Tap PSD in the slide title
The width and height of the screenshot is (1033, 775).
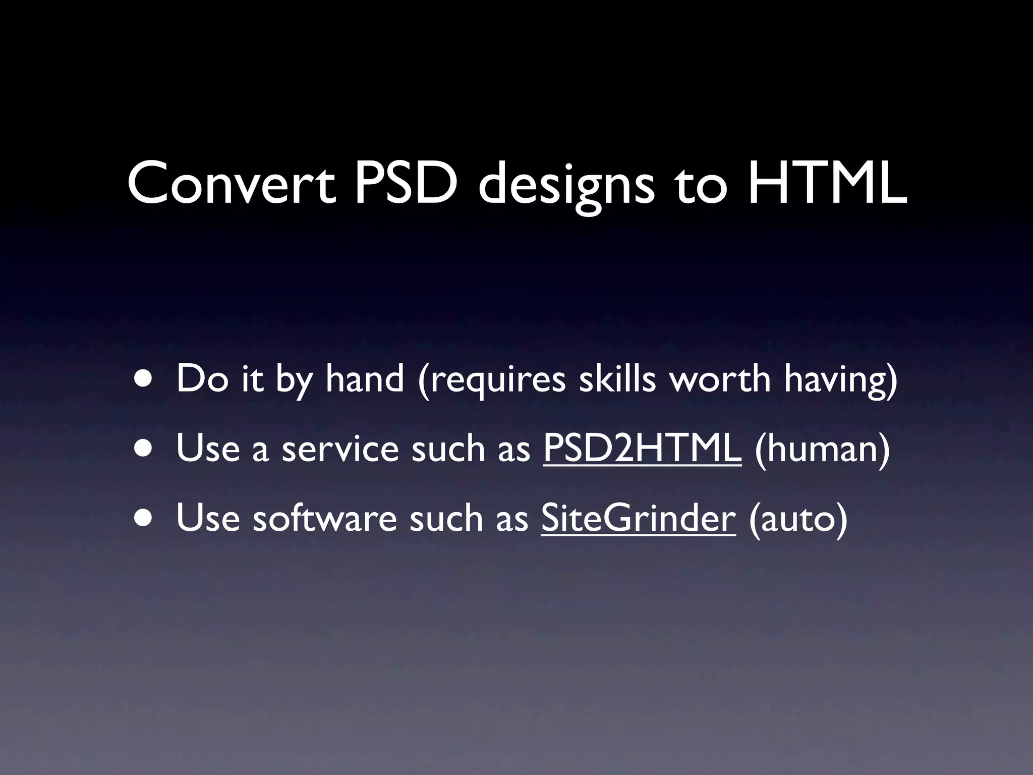tap(406, 183)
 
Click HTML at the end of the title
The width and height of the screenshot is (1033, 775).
tap(827, 183)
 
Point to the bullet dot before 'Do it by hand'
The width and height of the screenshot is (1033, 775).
tap(145, 380)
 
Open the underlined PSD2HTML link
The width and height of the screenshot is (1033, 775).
tap(642, 449)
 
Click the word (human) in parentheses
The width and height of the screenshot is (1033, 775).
tap(823, 449)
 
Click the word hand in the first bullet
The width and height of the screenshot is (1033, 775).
tap(365, 379)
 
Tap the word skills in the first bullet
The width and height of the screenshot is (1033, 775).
tap(617, 379)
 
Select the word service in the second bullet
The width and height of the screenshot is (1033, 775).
tap(340, 449)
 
